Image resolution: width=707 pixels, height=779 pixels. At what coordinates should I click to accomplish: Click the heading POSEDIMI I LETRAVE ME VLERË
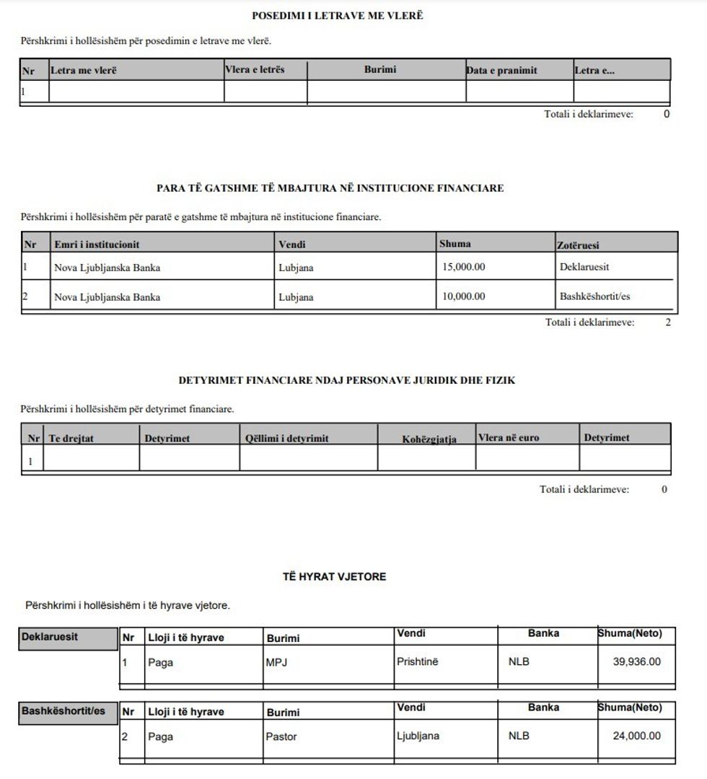click(337, 15)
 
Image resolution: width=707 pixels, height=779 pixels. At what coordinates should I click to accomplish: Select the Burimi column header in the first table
click(379, 70)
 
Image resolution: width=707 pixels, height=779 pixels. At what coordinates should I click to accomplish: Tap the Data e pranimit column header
click(501, 71)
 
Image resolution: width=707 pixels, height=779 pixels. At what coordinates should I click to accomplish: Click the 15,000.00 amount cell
click(463, 267)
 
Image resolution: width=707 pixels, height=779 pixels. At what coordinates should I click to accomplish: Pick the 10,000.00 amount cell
click(463, 296)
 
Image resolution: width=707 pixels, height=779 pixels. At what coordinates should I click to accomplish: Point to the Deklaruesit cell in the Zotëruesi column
click(584, 267)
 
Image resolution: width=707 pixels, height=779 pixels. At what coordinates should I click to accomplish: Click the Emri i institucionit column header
click(97, 245)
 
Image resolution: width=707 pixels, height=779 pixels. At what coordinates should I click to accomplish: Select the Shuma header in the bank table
click(454, 244)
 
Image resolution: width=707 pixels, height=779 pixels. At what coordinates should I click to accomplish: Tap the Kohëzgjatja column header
click(429, 439)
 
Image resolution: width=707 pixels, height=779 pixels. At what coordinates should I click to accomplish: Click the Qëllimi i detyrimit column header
click(287, 438)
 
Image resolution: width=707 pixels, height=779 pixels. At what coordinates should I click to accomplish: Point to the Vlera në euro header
click(509, 437)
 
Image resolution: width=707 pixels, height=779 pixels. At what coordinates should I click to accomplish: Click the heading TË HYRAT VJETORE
click(334, 576)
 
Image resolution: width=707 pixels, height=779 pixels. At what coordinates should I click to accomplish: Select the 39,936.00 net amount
click(636, 661)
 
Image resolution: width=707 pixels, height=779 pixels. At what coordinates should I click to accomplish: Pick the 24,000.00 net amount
click(636, 736)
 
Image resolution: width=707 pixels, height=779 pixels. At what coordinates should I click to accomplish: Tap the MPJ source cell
click(276, 662)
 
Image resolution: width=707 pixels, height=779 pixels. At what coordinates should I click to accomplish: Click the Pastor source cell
click(281, 736)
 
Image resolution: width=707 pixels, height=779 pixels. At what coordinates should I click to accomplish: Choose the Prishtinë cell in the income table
click(417, 661)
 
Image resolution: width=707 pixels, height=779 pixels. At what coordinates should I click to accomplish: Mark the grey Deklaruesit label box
click(69, 638)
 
